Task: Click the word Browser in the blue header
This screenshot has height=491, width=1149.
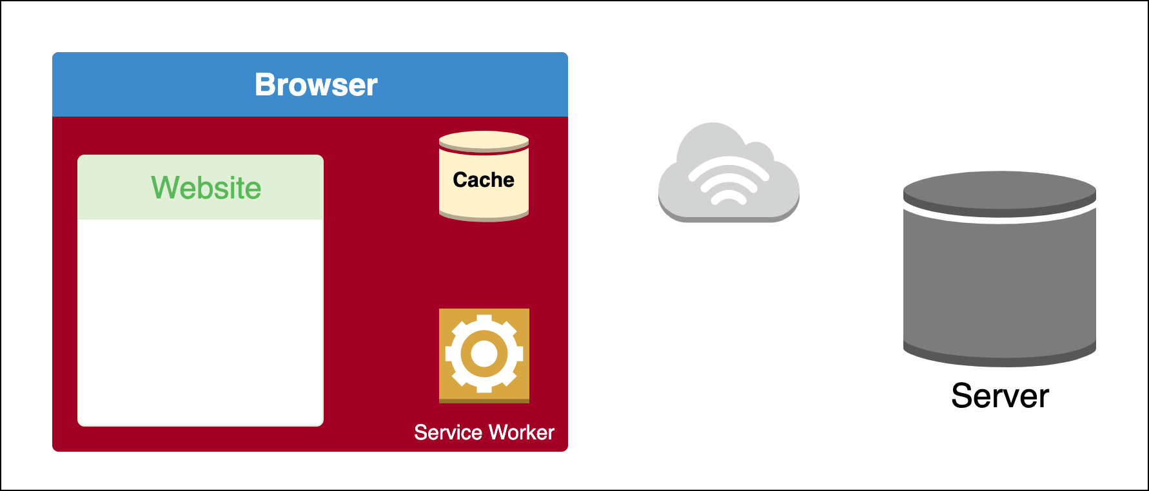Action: tap(316, 85)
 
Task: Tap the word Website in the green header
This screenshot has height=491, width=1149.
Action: tap(206, 188)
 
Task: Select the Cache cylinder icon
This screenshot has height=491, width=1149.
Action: tap(484, 193)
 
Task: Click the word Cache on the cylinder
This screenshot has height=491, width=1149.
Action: tap(484, 180)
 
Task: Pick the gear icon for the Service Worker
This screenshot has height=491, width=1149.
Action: tap(484, 355)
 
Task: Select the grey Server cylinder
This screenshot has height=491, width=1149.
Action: tap(999, 284)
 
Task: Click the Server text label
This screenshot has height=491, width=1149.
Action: tap(1000, 396)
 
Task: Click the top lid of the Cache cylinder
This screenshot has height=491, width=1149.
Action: tap(484, 140)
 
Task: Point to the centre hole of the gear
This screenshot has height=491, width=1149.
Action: tap(484, 354)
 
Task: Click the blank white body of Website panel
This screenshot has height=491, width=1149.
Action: tap(201, 322)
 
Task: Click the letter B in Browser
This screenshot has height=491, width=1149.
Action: tap(265, 85)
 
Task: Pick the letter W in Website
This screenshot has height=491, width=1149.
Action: tap(165, 188)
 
